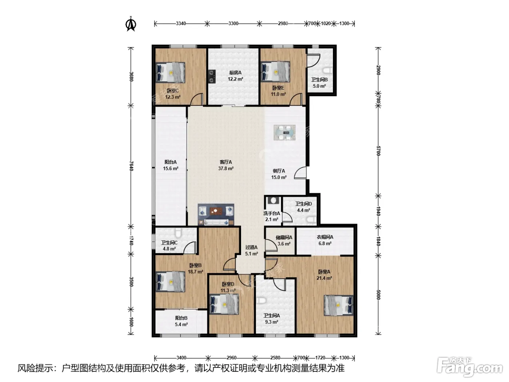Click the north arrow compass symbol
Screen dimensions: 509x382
click(131, 24)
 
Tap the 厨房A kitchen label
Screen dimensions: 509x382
click(235, 73)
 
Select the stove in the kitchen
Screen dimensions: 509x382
click(212, 76)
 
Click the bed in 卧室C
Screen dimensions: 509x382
click(170, 72)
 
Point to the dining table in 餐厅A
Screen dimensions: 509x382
click(284, 132)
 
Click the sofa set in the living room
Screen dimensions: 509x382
click(216, 214)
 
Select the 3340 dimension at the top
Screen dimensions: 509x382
click(181, 23)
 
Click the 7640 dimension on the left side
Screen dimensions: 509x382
click(131, 166)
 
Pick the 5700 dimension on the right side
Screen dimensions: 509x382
click(378, 151)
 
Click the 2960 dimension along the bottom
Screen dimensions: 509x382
click(231, 358)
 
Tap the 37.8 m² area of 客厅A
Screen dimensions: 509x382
click(226, 168)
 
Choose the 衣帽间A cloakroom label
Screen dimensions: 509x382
click(325, 237)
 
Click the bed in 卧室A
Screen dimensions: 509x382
click(338, 305)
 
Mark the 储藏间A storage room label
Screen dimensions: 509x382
click(284, 238)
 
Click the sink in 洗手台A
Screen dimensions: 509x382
click(274, 200)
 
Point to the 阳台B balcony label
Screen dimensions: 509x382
click(181, 318)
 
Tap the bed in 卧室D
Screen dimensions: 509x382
click(224, 304)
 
